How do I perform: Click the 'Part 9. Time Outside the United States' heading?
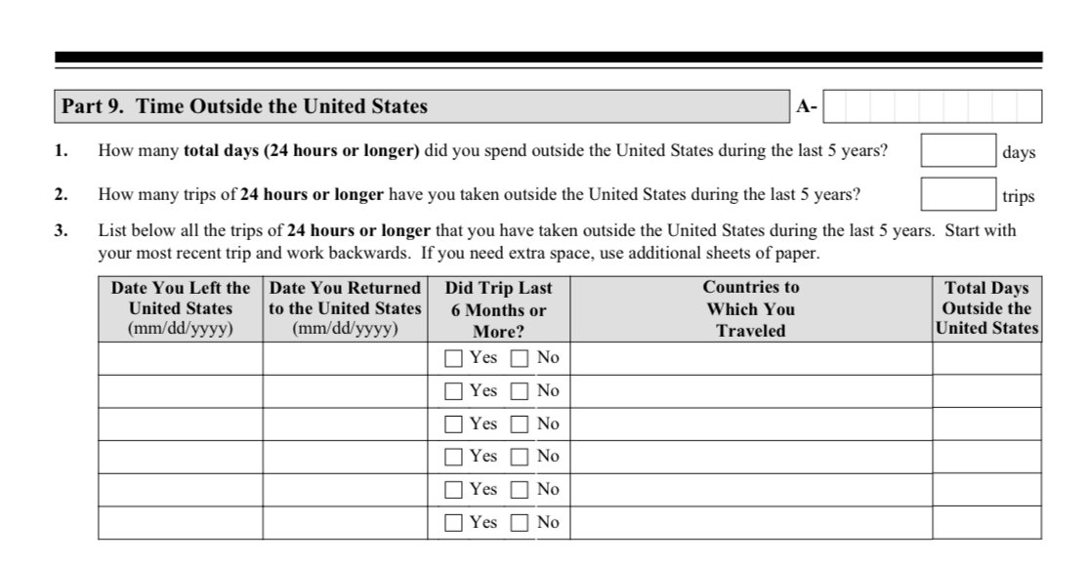(x=245, y=106)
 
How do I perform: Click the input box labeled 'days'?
(x=958, y=152)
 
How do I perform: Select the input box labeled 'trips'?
(x=958, y=194)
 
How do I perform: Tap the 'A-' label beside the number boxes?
(x=806, y=107)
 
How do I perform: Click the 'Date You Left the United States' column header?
(x=181, y=308)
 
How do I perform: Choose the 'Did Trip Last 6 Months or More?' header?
(x=498, y=308)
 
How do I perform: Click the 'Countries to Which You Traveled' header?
(x=750, y=308)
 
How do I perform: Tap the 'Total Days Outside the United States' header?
(x=986, y=308)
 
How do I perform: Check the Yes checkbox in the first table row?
(x=453, y=358)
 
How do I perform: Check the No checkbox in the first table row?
(x=520, y=358)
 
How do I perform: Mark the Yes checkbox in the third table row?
(x=453, y=424)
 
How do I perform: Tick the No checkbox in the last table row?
(x=520, y=523)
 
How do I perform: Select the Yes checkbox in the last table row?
(x=453, y=523)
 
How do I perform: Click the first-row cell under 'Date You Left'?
(x=181, y=358)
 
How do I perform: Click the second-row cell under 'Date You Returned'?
(x=345, y=391)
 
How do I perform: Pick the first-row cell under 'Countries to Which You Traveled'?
(x=750, y=358)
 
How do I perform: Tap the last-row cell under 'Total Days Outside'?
(x=986, y=523)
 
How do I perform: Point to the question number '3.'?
(x=62, y=231)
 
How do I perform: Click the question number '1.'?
(x=62, y=152)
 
